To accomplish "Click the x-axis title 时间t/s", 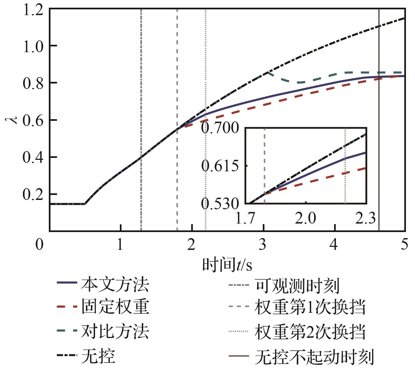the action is click(227, 264).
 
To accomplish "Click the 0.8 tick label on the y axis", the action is click(33, 83).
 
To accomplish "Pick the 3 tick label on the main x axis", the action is click(262, 244).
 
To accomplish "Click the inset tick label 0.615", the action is click(220, 166).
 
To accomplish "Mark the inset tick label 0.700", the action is click(220, 128).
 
